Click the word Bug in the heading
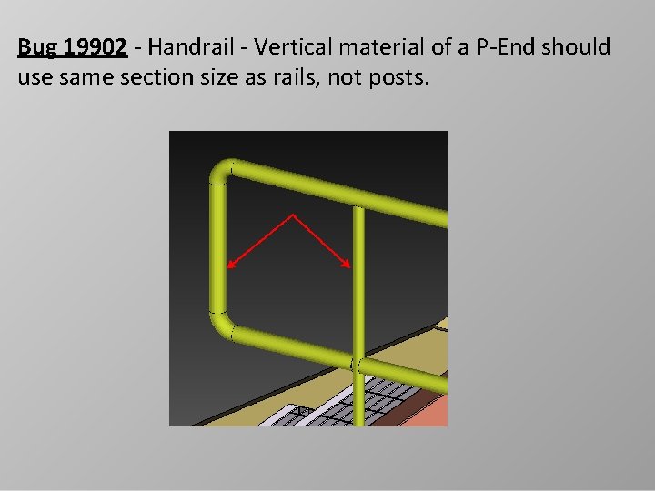35,47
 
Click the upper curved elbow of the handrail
223,172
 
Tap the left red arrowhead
230,266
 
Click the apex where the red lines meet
293,215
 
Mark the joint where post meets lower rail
358,366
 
